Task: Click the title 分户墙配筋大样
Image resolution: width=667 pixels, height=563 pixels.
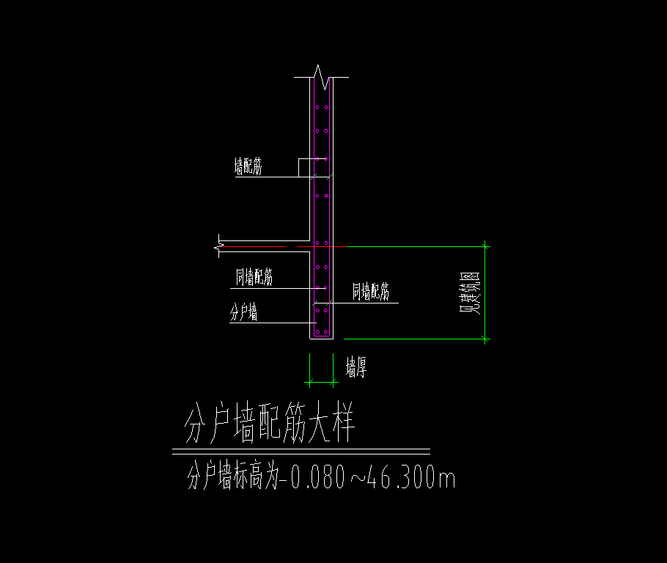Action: click(269, 422)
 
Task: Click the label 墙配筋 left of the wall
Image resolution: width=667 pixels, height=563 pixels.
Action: click(248, 166)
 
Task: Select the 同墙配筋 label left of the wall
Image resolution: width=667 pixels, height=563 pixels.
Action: click(254, 277)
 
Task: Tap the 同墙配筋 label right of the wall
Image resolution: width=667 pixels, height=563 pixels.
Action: click(370, 292)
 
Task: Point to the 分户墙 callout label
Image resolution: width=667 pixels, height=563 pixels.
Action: click(243, 312)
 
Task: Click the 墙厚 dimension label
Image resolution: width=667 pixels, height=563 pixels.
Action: click(356, 367)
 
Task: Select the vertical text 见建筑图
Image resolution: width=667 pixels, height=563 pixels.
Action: click(470, 292)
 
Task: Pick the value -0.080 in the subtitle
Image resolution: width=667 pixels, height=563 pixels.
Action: click(313, 477)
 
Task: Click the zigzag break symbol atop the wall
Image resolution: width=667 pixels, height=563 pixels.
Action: click(321, 77)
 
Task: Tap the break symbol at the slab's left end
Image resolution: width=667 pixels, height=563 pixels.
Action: click(218, 246)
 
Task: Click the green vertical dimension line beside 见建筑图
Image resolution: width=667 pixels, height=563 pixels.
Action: click(485, 292)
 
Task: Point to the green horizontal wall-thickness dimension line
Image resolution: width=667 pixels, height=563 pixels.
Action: click(321, 382)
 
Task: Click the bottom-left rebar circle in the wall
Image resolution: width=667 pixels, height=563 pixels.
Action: click(317, 331)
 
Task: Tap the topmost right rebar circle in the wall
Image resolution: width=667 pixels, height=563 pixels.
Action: click(326, 107)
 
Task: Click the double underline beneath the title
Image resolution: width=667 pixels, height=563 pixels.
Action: click(301, 452)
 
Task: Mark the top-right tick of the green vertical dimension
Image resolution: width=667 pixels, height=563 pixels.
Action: click(485, 246)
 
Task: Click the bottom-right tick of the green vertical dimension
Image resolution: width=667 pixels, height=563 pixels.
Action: click(485, 339)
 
